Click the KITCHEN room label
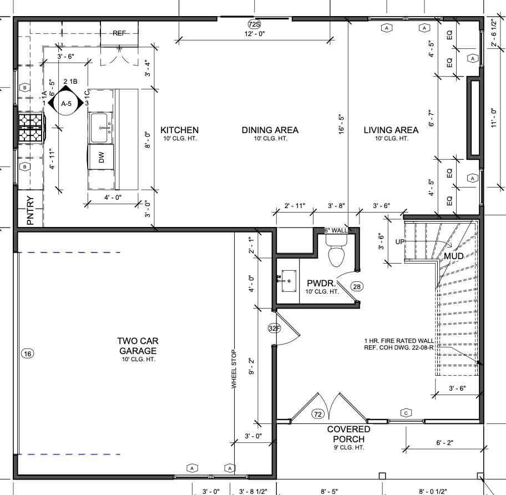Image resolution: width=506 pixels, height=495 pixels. [x=179, y=130]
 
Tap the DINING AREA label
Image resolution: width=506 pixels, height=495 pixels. [x=270, y=130]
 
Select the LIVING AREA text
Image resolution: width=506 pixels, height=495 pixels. [x=391, y=130]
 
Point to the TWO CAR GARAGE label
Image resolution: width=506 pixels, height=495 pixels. [x=138, y=346]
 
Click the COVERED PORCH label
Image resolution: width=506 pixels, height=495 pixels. [x=348, y=434]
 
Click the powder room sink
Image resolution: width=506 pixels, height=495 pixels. [x=289, y=281]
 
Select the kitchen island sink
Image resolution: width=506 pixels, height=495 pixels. [x=100, y=128]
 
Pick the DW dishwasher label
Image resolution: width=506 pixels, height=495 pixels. [x=102, y=157]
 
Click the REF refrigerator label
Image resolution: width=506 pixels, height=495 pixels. [x=119, y=33]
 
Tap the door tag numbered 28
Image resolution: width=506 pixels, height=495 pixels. [x=357, y=286]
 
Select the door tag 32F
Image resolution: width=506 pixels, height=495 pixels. [x=274, y=329]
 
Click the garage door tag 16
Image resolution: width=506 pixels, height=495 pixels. [x=28, y=353]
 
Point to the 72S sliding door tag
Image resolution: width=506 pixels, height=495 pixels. [x=254, y=24]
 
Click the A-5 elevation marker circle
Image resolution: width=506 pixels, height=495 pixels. [x=66, y=103]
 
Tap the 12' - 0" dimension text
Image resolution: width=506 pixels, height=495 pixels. [x=255, y=33]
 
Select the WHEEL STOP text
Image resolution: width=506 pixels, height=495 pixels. [x=234, y=369]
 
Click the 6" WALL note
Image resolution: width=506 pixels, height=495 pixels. [x=336, y=230]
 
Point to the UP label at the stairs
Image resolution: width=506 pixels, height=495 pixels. [x=400, y=242]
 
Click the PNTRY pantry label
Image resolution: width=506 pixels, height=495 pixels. [x=30, y=210]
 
